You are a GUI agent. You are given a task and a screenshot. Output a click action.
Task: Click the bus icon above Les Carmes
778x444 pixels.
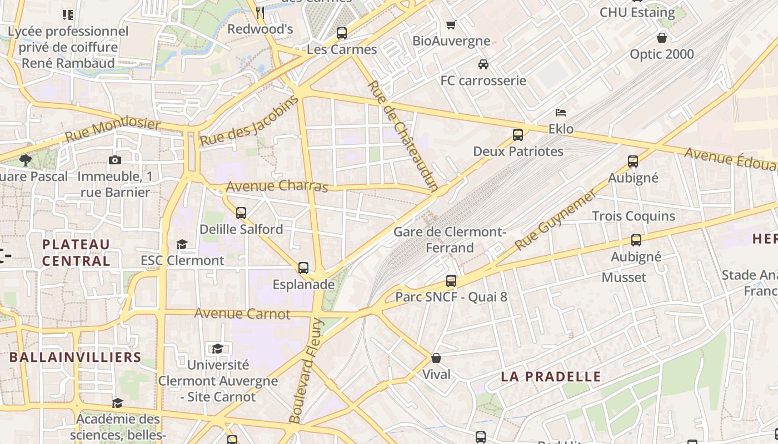pyautogui.click(x=342, y=33)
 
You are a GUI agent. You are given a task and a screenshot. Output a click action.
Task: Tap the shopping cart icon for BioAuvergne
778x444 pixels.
pyautogui.click(x=451, y=25)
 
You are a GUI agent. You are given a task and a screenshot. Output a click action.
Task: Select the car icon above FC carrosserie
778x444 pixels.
pyautogui.click(x=483, y=64)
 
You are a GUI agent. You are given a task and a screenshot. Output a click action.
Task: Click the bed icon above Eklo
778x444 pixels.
pyautogui.click(x=561, y=113)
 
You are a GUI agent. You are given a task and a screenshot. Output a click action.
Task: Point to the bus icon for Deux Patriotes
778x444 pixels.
pyautogui.click(x=518, y=135)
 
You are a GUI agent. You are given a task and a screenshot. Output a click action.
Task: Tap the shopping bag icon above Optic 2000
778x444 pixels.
pyautogui.click(x=662, y=38)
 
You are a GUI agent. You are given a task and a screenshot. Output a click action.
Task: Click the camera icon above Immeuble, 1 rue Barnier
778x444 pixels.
pyautogui.click(x=115, y=160)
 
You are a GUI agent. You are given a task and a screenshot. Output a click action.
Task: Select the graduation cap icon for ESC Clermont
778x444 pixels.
pyautogui.click(x=182, y=244)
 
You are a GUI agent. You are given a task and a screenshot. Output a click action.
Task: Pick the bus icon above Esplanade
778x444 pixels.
pyautogui.click(x=303, y=269)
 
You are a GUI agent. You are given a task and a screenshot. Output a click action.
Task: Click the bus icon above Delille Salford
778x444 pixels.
pyautogui.click(x=241, y=213)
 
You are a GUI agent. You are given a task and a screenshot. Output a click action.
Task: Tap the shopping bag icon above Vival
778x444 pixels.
pyautogui.click(x=436, y=358)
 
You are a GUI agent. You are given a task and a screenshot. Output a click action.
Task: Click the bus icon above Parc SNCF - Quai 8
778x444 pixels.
pyautogui.click(x=451, y=281)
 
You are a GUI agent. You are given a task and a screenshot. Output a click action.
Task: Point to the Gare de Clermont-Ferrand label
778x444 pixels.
pyautogui.click(x=450, y=240)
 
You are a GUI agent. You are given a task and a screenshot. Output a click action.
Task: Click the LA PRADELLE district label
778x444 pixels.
pyautogui.click(x=551, y=377)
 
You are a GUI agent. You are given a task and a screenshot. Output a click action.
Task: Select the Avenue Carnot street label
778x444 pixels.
pyautogui.click(x=242, y=314)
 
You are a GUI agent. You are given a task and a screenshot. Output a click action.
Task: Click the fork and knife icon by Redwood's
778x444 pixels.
pyautogui.click(x=260, y=12)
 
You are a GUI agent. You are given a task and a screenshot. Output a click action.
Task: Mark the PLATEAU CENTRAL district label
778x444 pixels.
pyautogui.click(x=76, y=253)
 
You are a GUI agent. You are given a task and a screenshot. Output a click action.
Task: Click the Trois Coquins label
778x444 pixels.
pyautogui.click(x=634, y=216)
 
